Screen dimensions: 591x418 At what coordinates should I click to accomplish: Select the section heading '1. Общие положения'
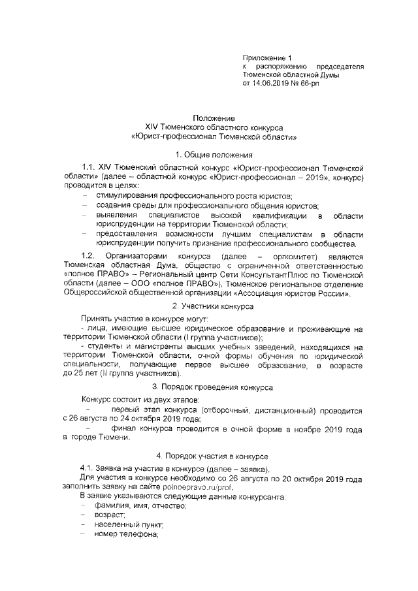coord(210,154)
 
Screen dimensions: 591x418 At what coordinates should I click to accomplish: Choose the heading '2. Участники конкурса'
coord(208,307)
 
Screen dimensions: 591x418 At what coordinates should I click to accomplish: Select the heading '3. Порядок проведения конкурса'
coord(208,387)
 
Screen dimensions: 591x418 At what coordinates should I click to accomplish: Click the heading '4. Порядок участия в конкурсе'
coord(208,455)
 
